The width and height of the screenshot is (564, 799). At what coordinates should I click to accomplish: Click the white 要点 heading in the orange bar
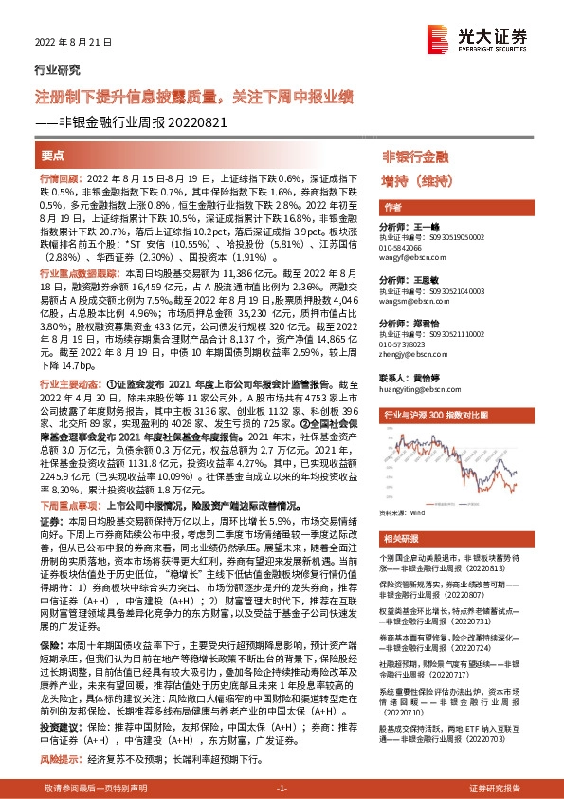tap(53, 155)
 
